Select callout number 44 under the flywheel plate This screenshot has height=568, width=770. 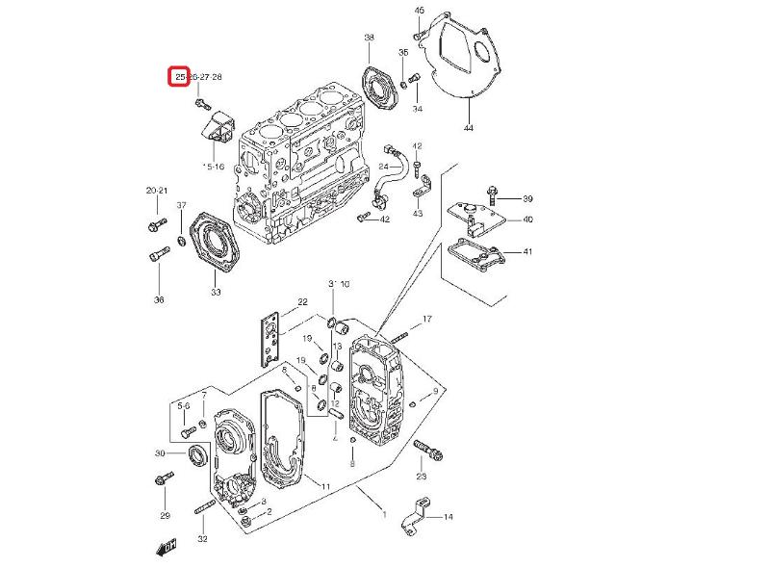point(468,127)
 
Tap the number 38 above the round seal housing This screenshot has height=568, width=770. point(369,38)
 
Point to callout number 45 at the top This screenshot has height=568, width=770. point(419,10)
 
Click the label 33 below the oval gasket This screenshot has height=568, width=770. point(216,292)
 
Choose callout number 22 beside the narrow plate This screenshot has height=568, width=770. point(301,302)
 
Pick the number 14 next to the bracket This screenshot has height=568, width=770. point(448,517)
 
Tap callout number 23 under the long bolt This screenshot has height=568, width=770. point(421,477)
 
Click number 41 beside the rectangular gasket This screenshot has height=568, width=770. point(526,251)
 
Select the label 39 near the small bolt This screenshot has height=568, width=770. point(526,198)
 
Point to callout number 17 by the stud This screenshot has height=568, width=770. point(427,319)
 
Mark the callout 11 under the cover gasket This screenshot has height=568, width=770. point(326,487)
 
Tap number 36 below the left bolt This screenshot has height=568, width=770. point(159,299)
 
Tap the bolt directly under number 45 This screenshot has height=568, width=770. point(419,38)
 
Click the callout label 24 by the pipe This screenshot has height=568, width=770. point(382,167)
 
